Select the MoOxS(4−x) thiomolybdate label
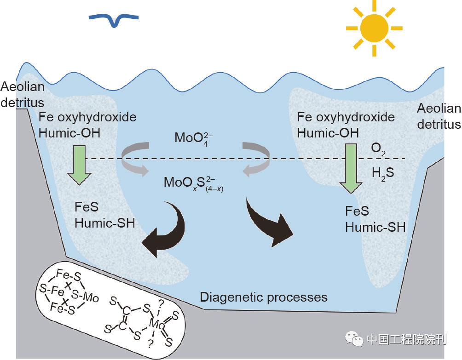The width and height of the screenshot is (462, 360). [194, 183]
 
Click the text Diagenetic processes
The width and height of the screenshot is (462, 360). [264, 297]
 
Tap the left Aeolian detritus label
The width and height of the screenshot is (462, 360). [22, 94]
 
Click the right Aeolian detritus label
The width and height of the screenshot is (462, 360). [439, 116]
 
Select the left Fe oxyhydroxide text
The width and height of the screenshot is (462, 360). [87, 117]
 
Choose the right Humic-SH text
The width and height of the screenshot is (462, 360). [375, 227]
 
